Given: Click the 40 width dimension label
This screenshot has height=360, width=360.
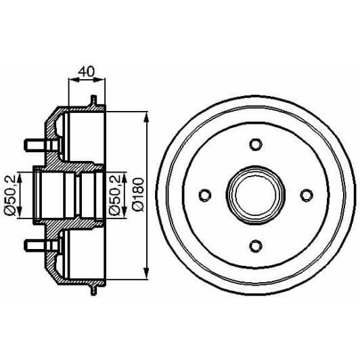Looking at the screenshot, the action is (87, 72).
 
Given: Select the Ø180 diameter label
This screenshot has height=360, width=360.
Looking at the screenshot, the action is (139, 194).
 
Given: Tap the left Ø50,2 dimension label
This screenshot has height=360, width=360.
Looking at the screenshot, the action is (10, 195).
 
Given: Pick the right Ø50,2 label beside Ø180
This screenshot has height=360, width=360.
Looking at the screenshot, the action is (115, 195).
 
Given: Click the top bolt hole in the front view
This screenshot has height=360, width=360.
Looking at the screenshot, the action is (256, 144).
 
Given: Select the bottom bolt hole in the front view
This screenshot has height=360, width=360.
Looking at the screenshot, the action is (256, 246).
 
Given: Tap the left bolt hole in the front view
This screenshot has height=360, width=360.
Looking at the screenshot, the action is (205, 195).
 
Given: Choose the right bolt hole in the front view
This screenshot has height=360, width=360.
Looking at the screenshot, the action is (307, 195).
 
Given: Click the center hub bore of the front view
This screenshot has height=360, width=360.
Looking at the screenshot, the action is (256, 195).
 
